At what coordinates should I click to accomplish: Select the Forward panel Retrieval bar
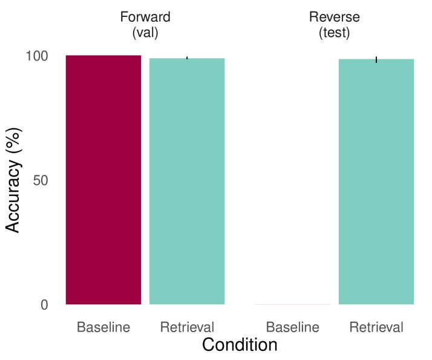point(187,181)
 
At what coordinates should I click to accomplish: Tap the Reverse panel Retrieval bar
point(376,182)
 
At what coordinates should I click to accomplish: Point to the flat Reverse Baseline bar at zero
point(293,304)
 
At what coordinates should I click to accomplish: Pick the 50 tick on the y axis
point(41,180)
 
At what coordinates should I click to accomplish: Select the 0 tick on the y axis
point(44,305)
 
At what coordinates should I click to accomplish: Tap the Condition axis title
point(240,345)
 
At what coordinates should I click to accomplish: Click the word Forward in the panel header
point(145,17)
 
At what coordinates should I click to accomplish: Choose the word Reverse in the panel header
point(335,17)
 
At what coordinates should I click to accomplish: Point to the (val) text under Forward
point(145,33)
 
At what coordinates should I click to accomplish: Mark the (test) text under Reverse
point(335,33)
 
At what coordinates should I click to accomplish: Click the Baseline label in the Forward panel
point(103,328)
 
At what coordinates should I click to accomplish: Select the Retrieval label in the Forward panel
point(187,328)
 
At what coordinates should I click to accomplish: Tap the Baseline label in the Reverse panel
point(293,328)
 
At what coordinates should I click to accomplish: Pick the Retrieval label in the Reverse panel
point(376,328)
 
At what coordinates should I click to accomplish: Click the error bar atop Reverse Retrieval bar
point(376,59)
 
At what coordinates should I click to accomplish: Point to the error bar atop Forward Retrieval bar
point(187,58)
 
